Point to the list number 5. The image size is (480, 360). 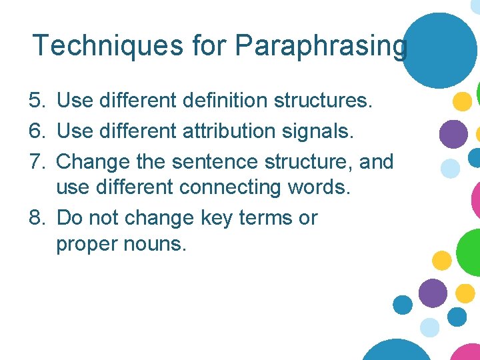coord(37,101)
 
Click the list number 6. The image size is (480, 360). coord(37,131)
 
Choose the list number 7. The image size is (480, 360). coord(37,162)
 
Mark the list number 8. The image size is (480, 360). coord(37,218)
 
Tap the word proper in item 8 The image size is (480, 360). coord(83,245)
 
